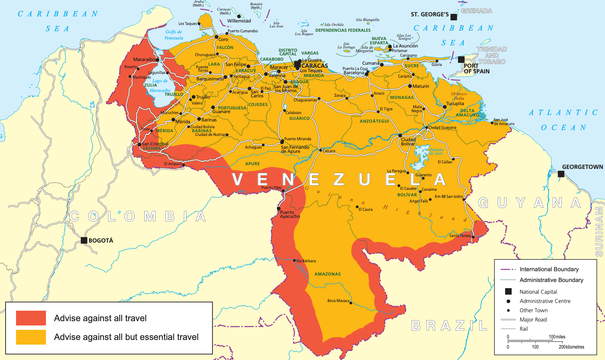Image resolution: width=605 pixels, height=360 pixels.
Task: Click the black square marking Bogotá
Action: (x=84, y=240)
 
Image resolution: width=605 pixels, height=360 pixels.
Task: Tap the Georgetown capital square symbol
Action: (x=561, y=174)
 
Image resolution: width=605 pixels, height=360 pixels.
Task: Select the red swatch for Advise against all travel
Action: (x=31, y=318)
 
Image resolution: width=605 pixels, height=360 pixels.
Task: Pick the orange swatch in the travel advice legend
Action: (x=31, y=337)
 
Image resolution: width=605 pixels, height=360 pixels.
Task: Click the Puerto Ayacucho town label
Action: (x=290, y=214)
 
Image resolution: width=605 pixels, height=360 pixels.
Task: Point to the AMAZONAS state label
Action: (x=327, y=274)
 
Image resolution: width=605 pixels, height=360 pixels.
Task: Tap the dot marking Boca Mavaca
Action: (x=351, y=303)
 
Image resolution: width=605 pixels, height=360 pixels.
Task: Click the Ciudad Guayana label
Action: (x=442, y=127)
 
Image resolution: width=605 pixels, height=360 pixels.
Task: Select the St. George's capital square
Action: (x=454, y=17)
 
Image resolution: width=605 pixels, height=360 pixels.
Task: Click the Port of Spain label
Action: (x=476, y=68)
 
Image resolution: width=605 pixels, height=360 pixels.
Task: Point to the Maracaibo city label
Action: (x=144, y=59)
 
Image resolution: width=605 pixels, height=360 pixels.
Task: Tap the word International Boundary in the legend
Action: (x=549, y=269)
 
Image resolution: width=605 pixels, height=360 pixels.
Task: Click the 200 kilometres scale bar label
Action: (x=571, y=347)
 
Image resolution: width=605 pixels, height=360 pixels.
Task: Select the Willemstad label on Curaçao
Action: (x=239, y=21)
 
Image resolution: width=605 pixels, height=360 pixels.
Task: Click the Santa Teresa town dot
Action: (x=473, y=237)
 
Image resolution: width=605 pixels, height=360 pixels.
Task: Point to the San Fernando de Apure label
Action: (x=295, y=149)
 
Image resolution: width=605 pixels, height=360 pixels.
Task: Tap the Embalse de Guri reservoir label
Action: (x=436, y=151)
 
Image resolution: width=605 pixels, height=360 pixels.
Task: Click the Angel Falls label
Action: (x=418, y=201)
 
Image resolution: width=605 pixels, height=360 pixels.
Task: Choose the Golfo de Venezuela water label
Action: (x=174, y=35)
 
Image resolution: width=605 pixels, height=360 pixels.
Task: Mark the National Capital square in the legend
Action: (x=508, y=292)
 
